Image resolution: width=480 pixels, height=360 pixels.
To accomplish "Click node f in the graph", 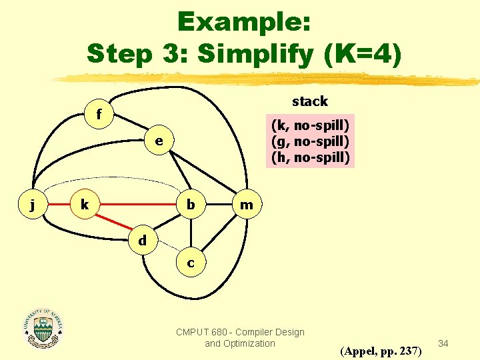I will pyautogui.click(x=99, y=115).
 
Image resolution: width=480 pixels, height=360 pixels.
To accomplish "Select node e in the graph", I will pyautogui.click(x=158, y=141).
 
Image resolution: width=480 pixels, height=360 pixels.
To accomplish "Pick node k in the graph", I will pyautogui.click(x=85, y=205).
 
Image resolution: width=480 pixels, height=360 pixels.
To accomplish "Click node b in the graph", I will pyautogui.click(x=191, y=205).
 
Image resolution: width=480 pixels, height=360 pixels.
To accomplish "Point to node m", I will pyautogui.click(x=247, y=205).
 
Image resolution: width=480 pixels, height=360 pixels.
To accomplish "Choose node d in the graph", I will pyautogui.click(x=143, y=240).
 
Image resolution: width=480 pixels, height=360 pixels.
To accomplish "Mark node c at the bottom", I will pyautogui.click(x=191, y=263).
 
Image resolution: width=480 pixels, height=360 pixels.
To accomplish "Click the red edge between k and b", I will pyautogui.click(x=137, y=205).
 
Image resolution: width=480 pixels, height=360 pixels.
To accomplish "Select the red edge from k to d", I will pyautogui.click(x=113, y=223).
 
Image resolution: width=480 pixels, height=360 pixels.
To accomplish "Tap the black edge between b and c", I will pyautogui.click(x=191, y=233).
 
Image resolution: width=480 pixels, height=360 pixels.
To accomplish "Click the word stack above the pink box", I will pyautogui.click(x=310, y=101).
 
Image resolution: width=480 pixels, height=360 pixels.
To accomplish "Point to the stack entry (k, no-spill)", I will pyautogui.click(x=310, y=125).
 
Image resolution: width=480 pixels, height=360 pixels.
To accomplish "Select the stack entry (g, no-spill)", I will pyautogui.click(x=310, y=141).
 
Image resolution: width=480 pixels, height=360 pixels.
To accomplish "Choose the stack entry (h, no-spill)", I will pyautogui.click(x=310, y=158).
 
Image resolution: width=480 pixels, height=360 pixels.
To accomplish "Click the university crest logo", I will pyautogui.click(x=43, y=329).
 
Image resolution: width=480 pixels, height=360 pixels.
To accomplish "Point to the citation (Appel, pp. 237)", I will pyautogui.click(x=381, y=350).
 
